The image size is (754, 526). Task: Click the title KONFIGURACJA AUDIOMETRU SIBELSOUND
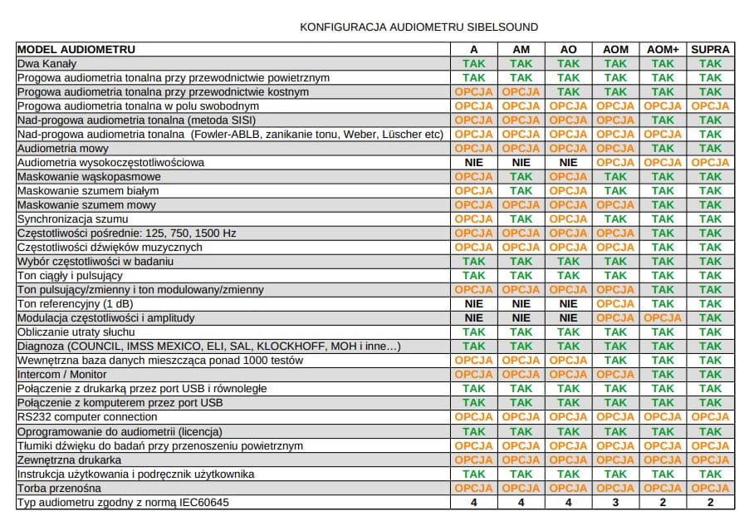(x=419, y=27)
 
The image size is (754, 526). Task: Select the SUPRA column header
(x=710, y=49)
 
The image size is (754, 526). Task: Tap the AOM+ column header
(x=663, y=49)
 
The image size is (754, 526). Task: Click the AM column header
(x=521, y=49)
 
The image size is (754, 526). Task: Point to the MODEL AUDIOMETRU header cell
(x=76, y=49)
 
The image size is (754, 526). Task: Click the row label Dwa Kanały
(x=47, y=63)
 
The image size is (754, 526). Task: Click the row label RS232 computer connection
(x=87, y=417)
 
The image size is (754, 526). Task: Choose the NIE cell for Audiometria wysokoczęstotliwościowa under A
(x=473, y=162)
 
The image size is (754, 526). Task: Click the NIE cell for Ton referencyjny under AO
(x=568, y=304)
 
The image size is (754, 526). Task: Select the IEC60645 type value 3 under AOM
(x=615, y=502)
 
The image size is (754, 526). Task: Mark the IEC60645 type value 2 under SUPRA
(x=710, y=502)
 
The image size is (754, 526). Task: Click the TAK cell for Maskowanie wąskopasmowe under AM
(x=521, y=176)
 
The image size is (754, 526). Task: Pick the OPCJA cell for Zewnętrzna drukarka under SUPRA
(x=710, y=460)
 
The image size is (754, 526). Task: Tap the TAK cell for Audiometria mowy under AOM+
(x=663, y=148)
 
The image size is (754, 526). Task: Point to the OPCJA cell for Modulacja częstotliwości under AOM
(x=615, y=318)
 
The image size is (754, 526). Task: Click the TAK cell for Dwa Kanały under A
(x=473, y=63)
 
